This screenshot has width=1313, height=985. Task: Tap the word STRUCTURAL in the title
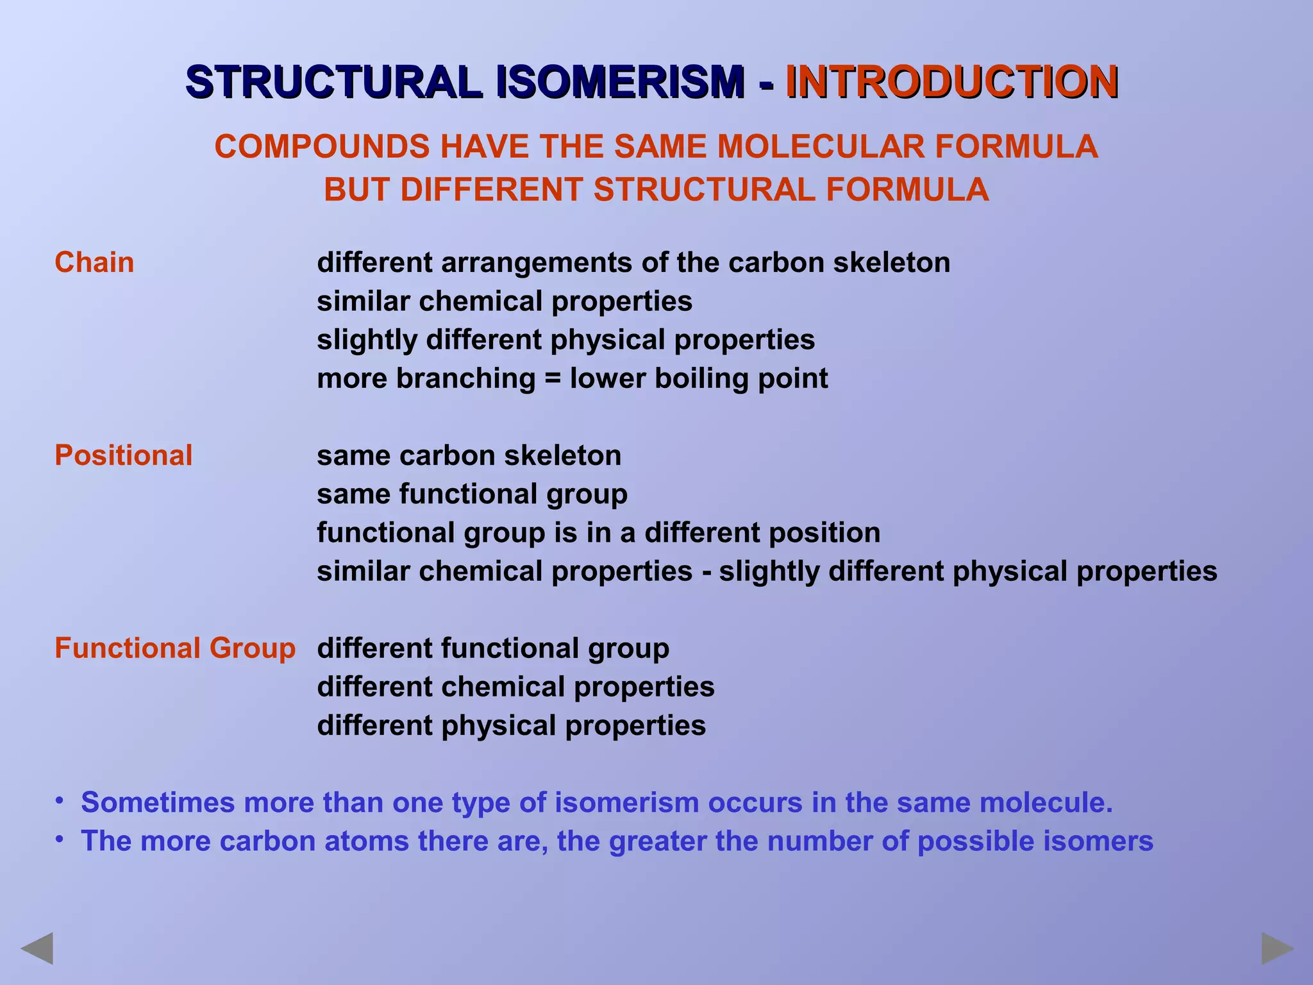coord(333,82)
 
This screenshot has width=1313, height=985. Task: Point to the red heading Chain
coord(94,262)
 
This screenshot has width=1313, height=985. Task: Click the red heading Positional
coord(123,455)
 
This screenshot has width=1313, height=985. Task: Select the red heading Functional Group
coord(174,648)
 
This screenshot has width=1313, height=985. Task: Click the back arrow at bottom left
coord(37,949)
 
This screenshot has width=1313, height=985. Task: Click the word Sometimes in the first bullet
coord(156,802)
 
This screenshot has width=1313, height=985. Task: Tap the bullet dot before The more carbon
coord(59,839)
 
